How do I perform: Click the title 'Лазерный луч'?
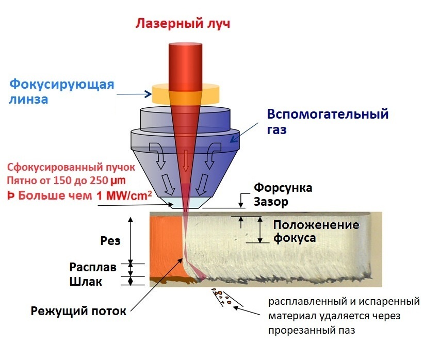(x=182, y=24)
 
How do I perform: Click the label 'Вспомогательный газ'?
(x=327, y=121)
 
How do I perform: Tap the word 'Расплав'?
(x=93, y=268)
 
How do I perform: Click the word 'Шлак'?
(x=86, y=282)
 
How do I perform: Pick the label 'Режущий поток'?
(x=78, y=310)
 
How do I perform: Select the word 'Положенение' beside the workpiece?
(x=316, y=225)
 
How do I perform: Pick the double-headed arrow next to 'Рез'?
(x=131, y=239)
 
